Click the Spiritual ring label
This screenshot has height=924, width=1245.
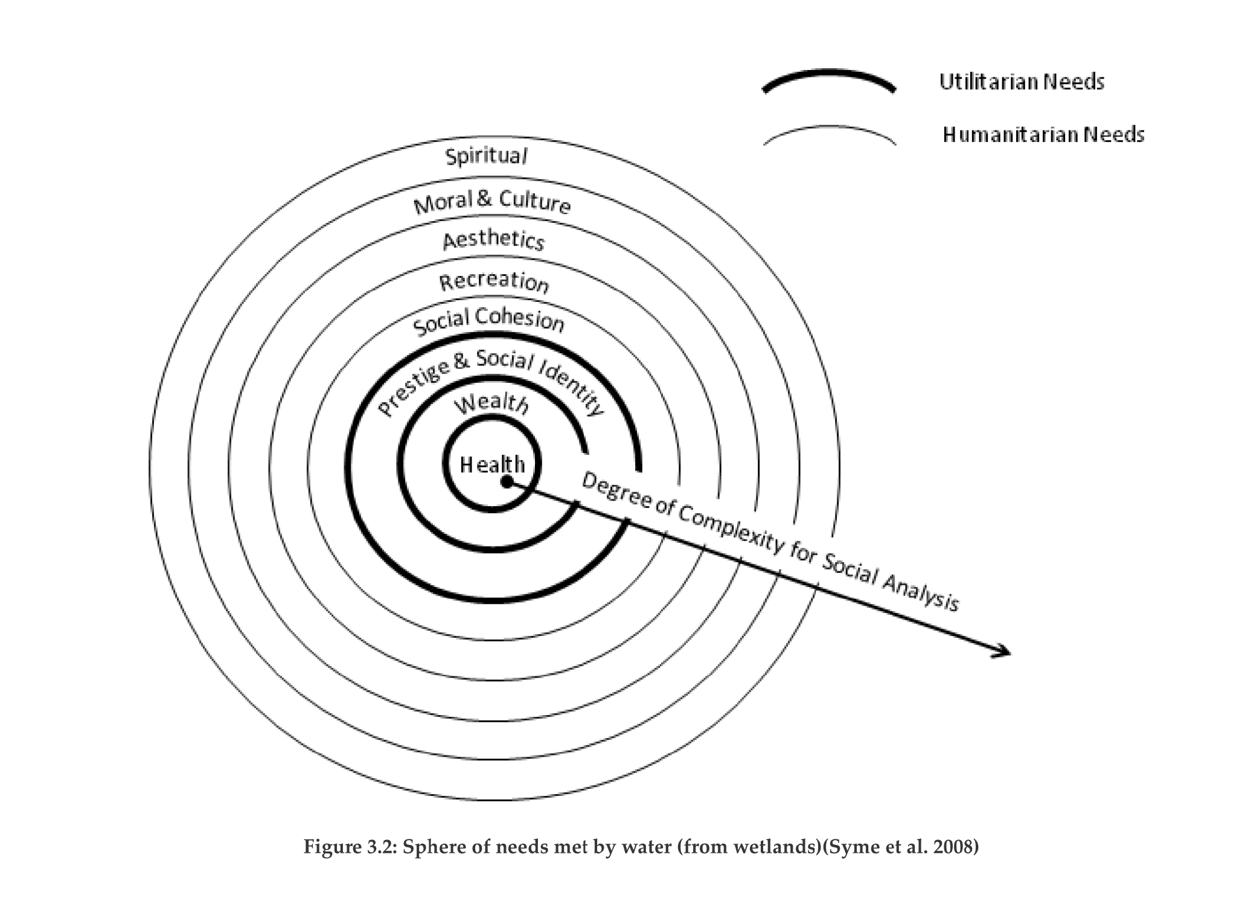[x=486, y=156]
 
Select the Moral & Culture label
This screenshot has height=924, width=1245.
[x=492, y=202]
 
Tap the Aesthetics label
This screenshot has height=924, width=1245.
[x=493, y=240]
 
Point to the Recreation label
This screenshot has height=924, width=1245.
[x=494, y=281]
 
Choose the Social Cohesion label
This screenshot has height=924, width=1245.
[x=488, y=321]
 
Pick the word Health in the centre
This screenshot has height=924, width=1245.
[x=492, y=464]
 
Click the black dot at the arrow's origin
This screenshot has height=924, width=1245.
[x=507, y=481]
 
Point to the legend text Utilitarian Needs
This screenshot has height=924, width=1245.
[x=1022, y=82]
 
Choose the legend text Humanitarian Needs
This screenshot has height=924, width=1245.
[x=1043, y=134]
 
